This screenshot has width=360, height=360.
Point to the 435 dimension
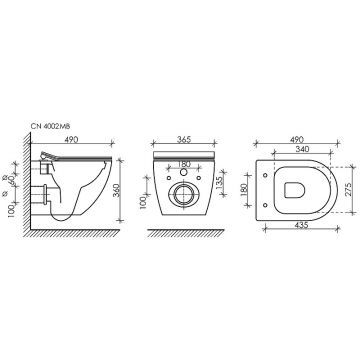click(x=296, y=229)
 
